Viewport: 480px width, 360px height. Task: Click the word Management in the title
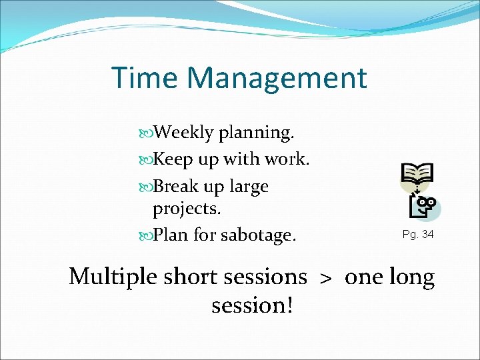[x=277, y=79]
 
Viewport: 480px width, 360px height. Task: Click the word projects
[x=187, y=209]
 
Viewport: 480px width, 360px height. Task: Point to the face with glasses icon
[x=425, y=207]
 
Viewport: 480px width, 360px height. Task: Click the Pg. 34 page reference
[x=418, y=235]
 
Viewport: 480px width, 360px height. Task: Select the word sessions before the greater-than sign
[x=266, y=277]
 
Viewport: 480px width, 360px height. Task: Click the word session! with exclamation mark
[x=253, y=305]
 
